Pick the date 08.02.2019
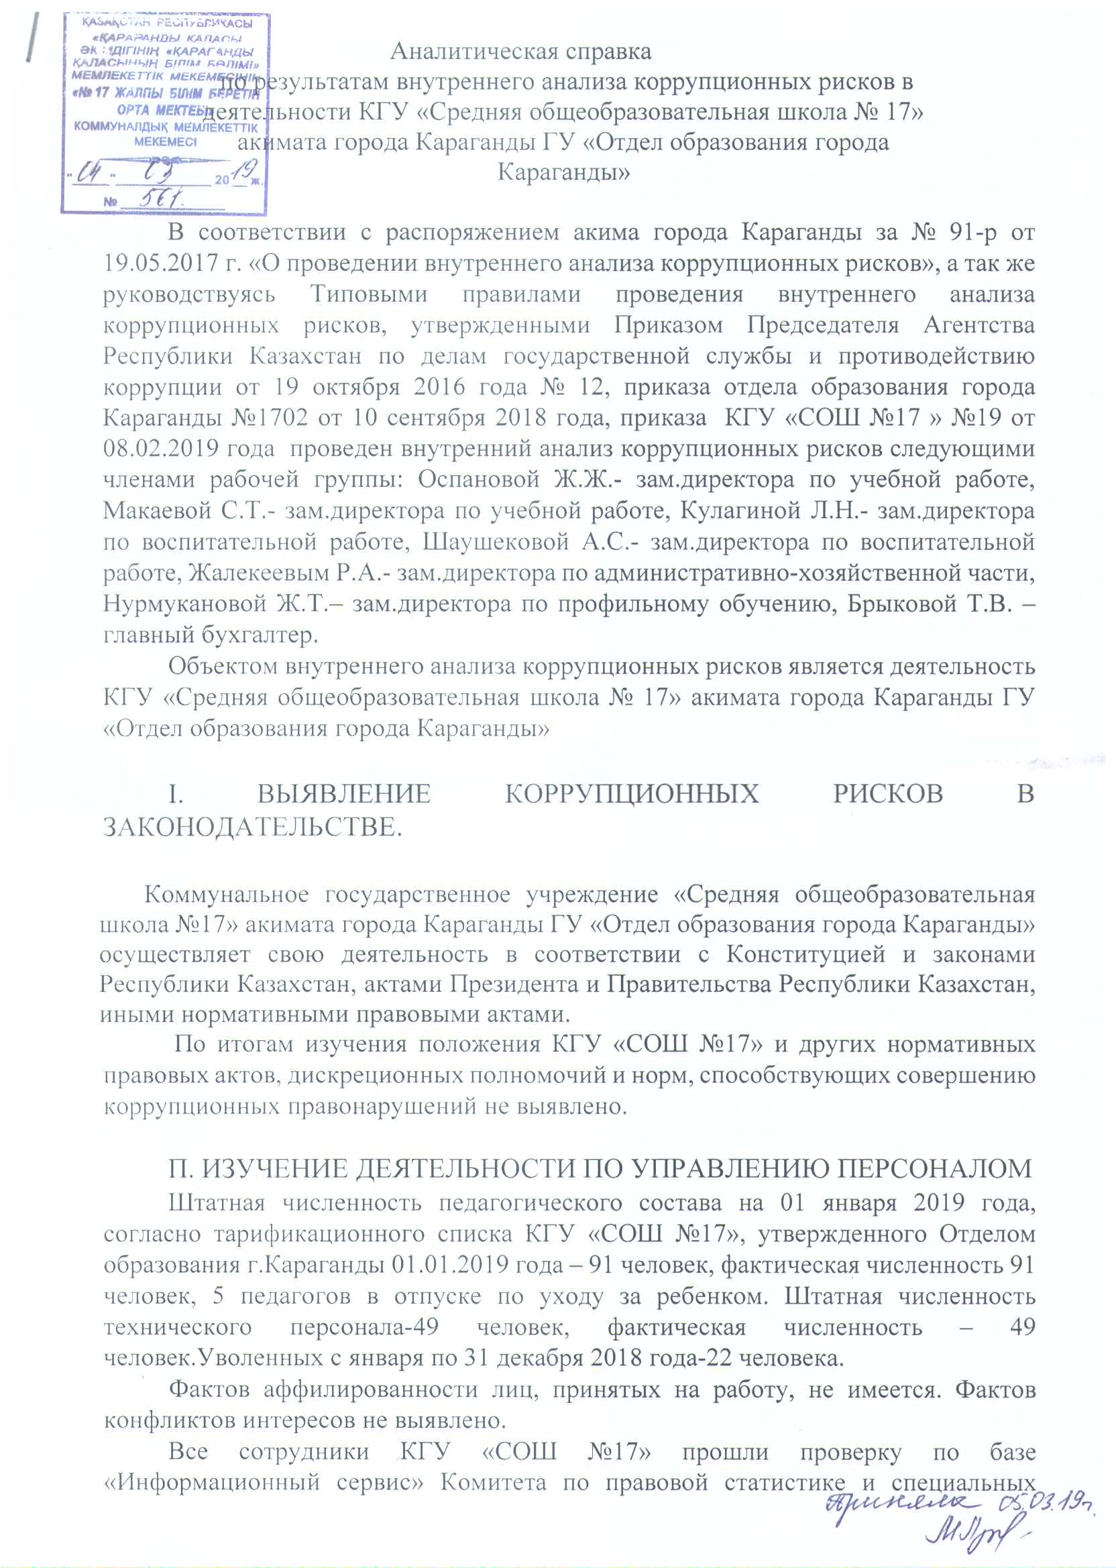pos(156,449)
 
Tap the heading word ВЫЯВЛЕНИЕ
pos(344,793)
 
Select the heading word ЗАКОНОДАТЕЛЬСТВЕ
pos(252,827)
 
